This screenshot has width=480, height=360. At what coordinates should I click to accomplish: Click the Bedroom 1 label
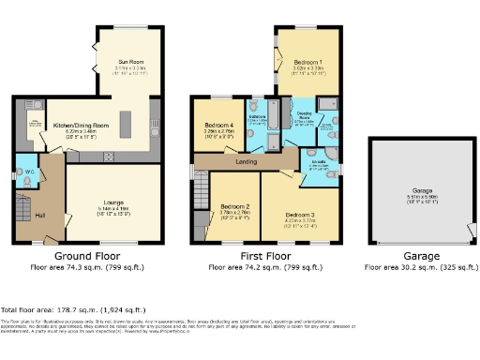pos(307,62)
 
